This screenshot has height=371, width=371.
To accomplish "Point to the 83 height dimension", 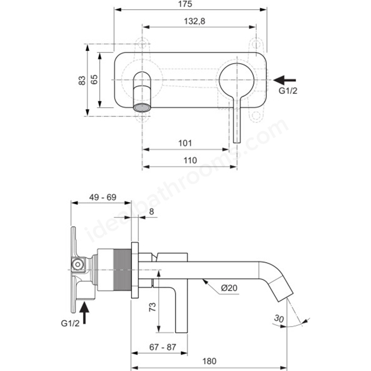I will pyautogui.click(x=82, y=79).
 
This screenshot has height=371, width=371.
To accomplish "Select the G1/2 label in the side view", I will pyautogui.click(x=71, y=323).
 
